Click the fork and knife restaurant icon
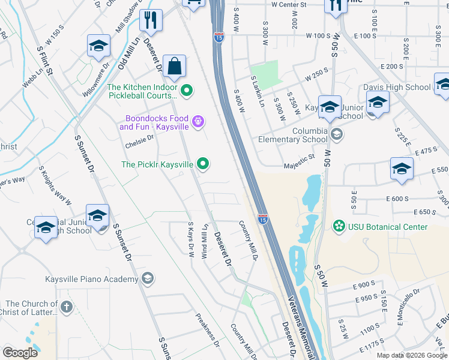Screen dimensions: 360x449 tap(151, 20)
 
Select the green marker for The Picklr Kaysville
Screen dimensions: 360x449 tap(203, 163)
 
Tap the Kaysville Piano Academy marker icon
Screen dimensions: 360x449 tap(148, 278)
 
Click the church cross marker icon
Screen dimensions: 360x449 tap(66, 308)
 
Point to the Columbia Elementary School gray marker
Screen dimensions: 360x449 tap(337, 134)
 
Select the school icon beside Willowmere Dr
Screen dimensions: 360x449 tap(98, 47)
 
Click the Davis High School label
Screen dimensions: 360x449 tap(397, 87)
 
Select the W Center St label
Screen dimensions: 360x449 tap(288, 5)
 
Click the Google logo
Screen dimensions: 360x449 tap(20, 352)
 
